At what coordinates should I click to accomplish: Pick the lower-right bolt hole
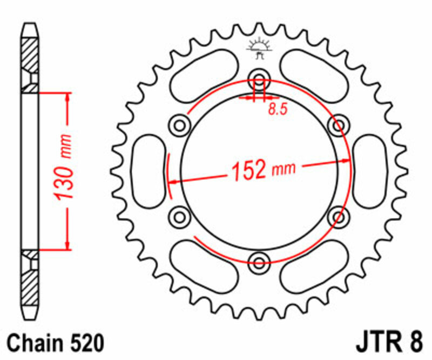(x=339, y=217)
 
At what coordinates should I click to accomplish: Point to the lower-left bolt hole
(x=179, y=217)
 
